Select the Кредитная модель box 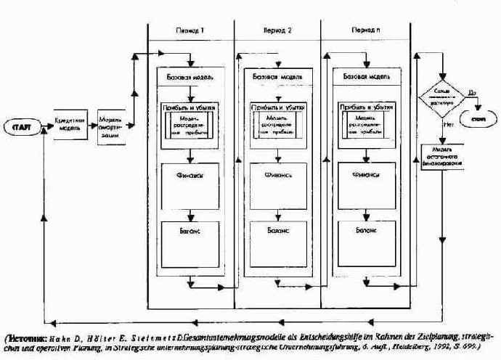pyautogui.click(x=70, y=120)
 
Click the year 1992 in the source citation pyautogui.click(x=444, y=348)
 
